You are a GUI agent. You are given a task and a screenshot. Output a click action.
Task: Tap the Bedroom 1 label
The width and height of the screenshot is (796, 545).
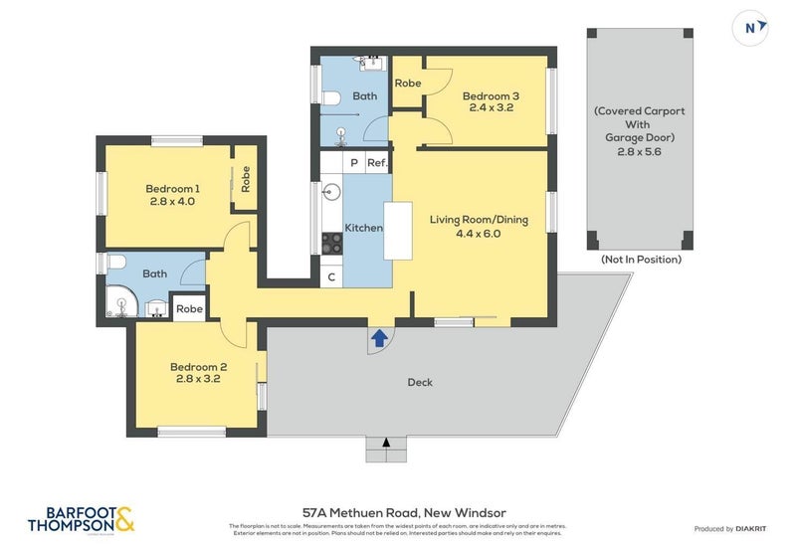pos(172,188)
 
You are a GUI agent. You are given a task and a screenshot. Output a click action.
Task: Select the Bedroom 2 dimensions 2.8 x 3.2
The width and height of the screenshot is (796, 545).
pos(197,379)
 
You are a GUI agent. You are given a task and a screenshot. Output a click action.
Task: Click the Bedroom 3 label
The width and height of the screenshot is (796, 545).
pos(491,95)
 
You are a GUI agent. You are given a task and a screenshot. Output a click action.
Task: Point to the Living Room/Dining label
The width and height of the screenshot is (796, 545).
pos(479,220)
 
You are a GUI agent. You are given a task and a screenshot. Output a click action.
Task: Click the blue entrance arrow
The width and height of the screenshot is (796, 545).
pos(378,339)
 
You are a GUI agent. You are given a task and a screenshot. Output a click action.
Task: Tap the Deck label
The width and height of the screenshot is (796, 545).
pos(420,382)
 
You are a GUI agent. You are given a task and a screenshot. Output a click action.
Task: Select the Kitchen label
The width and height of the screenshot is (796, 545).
pos(363,228)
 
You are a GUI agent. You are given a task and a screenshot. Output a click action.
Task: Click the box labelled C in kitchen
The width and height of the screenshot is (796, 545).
pos(331,277)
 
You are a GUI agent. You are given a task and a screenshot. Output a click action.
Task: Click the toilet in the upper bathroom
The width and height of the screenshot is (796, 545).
pos(332,97)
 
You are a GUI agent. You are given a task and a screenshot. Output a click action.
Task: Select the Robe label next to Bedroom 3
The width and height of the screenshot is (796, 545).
pos(408,84)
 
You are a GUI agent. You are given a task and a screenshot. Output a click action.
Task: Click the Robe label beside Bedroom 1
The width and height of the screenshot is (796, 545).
pos(245,179)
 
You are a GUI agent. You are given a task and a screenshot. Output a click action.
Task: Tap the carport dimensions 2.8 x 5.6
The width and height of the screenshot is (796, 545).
pos(640,152)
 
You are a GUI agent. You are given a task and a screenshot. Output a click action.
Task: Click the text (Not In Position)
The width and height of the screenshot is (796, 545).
pos(641,259)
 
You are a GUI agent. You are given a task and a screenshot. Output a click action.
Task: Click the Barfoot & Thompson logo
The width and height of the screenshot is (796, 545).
pos(80,519)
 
